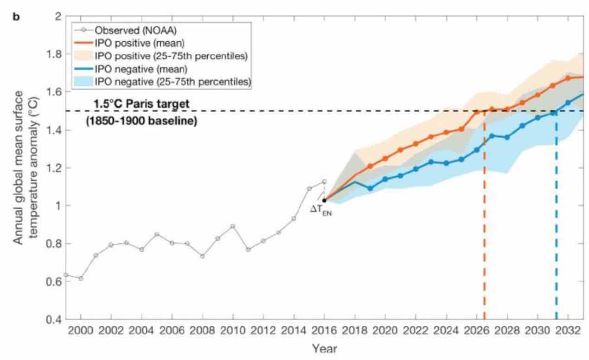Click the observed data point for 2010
[x=233, y=226]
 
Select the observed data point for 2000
[x=81, y=278]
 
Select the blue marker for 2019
[x=370, y=188]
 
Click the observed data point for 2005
[x=157, y=234]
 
